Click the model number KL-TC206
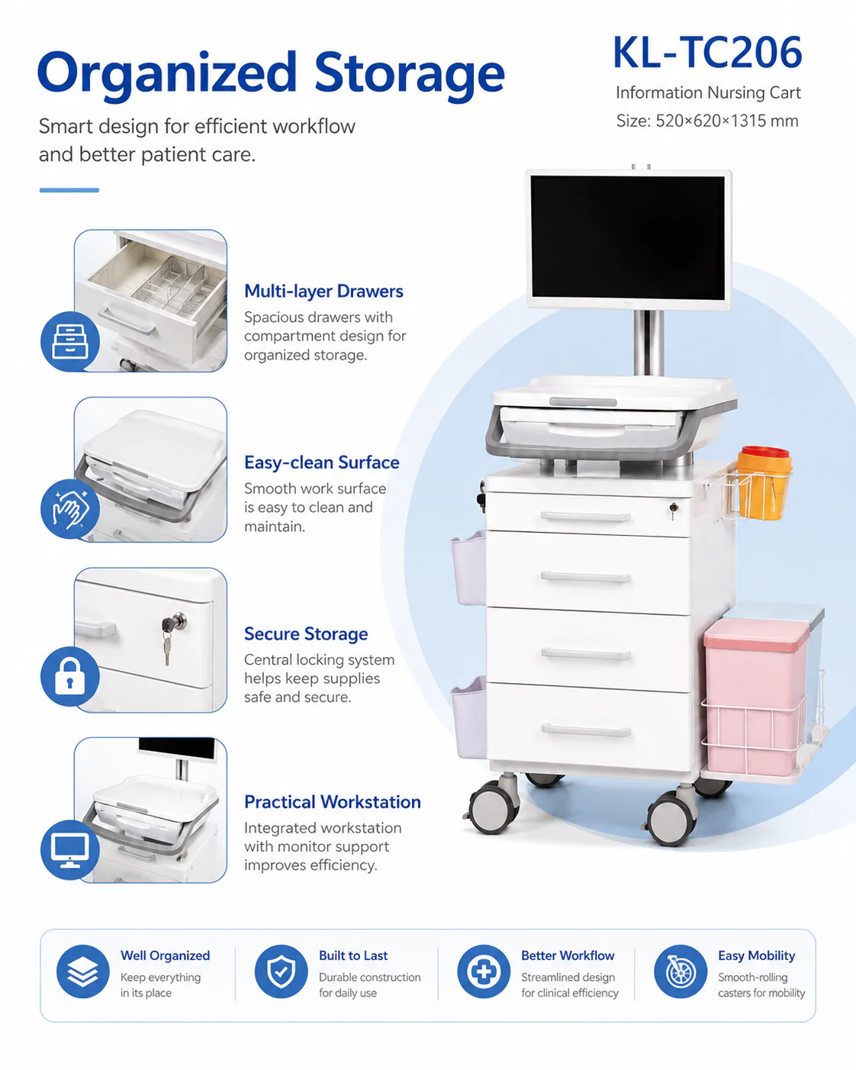pos(707,52)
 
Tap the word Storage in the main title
pos(410,75)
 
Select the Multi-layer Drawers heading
pos(323,292)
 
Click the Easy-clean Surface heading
pos(322,462)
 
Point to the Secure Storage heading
pos(306,634)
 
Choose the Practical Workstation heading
pos(333,802)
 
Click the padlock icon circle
pos(70,676)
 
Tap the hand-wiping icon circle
pos(70,508)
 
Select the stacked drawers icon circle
pos(70,342)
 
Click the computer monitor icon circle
pos(70,849)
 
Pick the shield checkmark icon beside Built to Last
pos(282,972)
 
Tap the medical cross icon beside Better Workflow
pos(484,972)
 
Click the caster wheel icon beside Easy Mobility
pos(681,972)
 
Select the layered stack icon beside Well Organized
pos(83,972)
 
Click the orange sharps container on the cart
pos(763,482)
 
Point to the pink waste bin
pos(755,696)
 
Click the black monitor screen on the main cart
pos(629,237)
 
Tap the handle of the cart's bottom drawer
pos(586,730)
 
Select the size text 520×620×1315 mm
pos(726,121)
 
